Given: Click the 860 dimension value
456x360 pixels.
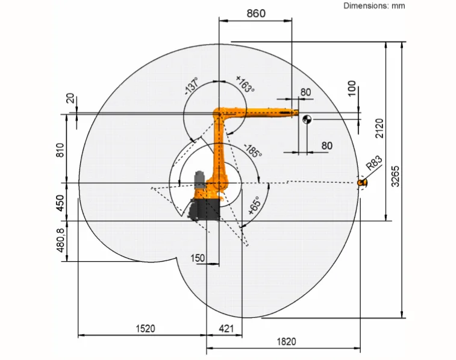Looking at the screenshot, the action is (x=256, y=13).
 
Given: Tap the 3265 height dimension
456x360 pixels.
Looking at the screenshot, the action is (x=396, y=176).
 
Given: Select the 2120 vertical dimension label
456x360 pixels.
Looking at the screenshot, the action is (x=379, y=128).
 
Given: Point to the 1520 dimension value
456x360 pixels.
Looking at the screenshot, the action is (x=145, y=329).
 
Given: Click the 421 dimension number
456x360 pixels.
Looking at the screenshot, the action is (x=226, y=329).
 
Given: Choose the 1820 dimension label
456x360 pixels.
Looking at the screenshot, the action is (x=286, y=341).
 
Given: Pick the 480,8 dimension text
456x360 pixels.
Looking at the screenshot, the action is (x=60, y=241).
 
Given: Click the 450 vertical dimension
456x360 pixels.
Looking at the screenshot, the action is (x=60, y=203).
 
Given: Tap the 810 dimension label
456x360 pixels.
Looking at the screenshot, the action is (x=60, y=150).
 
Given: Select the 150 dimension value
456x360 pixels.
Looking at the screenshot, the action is (x=198, y=258).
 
